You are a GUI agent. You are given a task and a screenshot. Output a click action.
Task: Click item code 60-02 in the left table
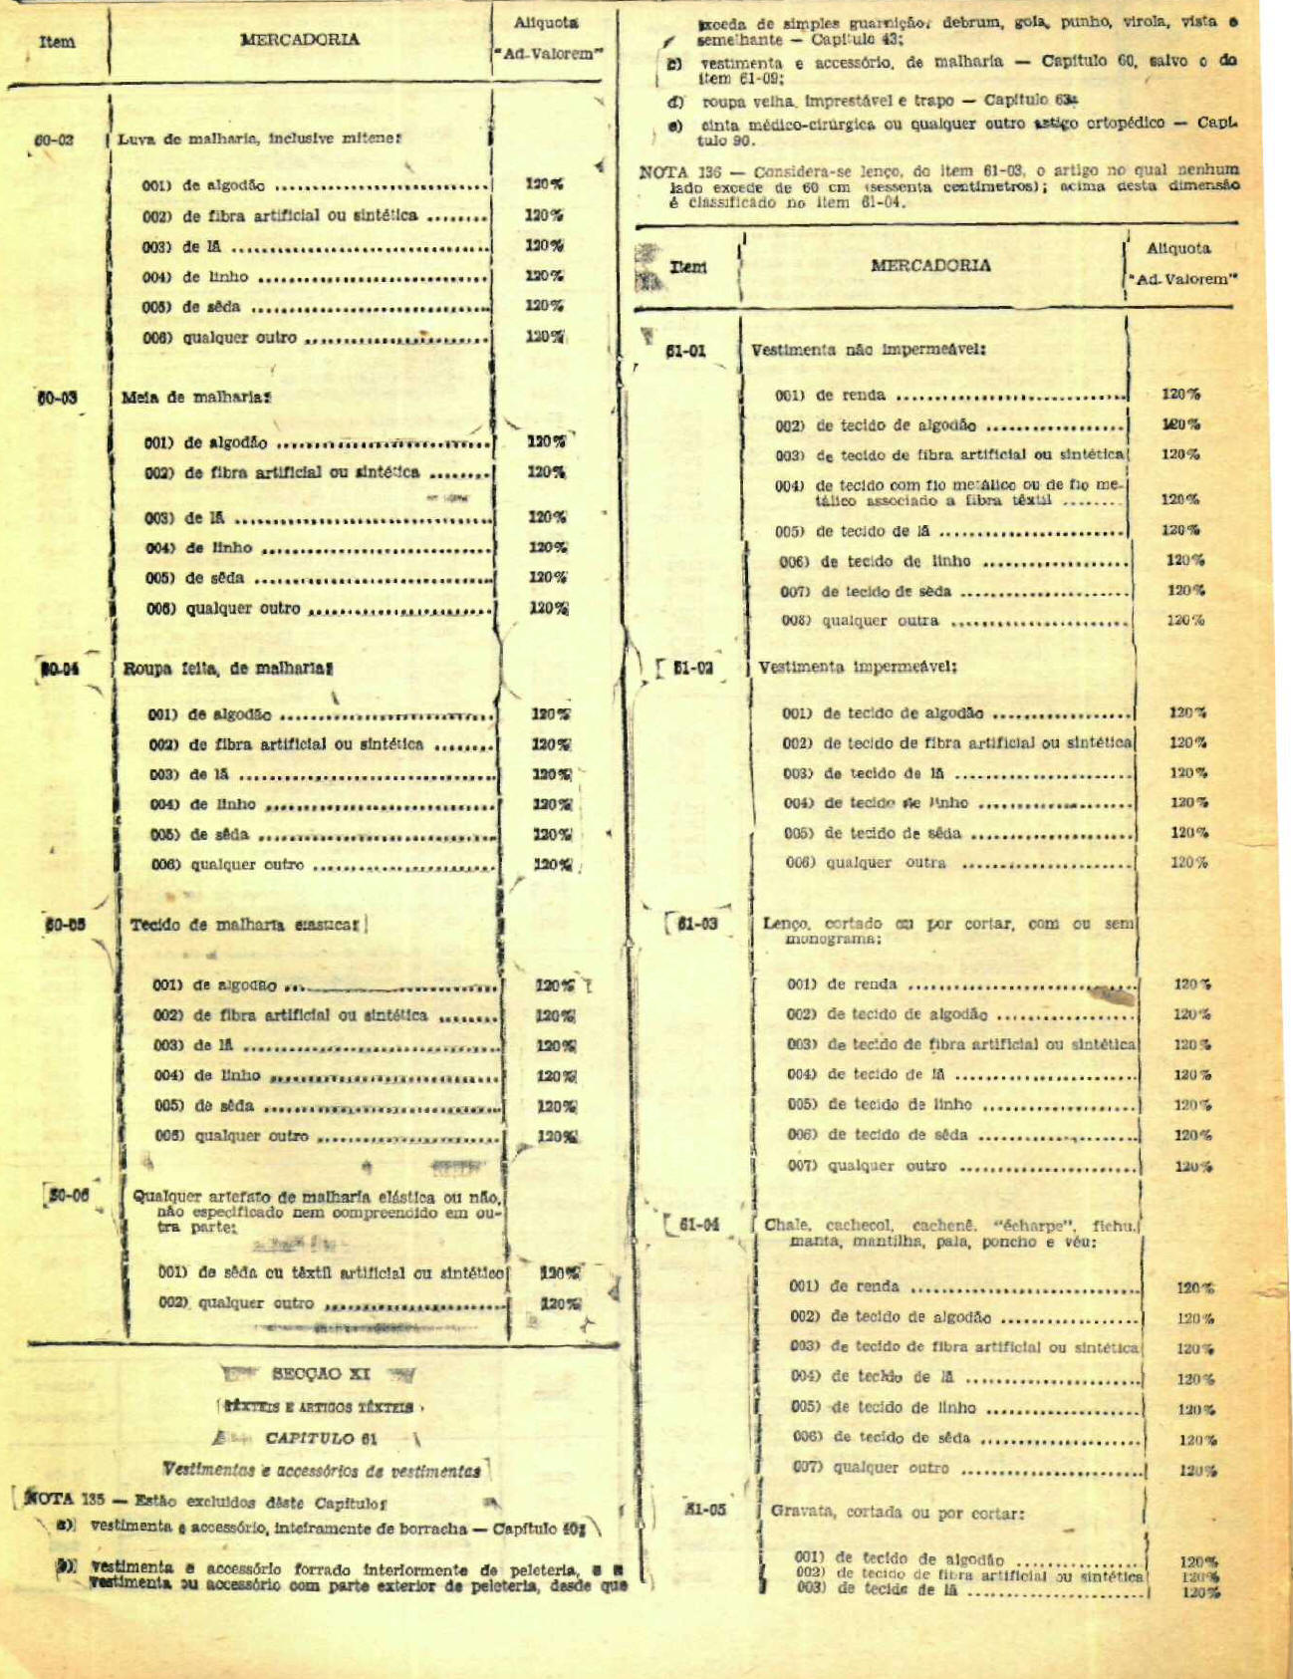[x=54, y=140]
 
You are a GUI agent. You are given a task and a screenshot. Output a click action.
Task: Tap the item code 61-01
[x=685, y=351]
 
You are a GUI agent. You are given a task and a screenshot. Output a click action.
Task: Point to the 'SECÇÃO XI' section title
[x=320, y=1374]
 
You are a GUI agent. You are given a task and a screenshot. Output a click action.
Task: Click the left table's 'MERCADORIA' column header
[x=299, y=40]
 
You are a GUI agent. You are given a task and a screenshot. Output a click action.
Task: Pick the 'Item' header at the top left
[x=56, y=42]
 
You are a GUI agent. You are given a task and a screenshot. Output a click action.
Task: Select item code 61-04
[x=698, y=1225]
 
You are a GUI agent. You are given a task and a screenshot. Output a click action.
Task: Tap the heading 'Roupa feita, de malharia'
[x=227, y=669]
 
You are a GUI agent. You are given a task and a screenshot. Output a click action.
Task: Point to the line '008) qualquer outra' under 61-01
[x=880, y=621]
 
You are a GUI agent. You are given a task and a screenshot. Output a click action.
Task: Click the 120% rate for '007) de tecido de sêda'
[x=1185, y=591]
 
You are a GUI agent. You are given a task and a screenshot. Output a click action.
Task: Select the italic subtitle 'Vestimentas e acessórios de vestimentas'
[x=322, y=1470]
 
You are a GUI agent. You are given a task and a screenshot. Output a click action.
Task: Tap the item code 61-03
[x=697, y=925]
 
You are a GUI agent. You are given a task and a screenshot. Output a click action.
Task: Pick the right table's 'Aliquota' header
[x=1178, y=248]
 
